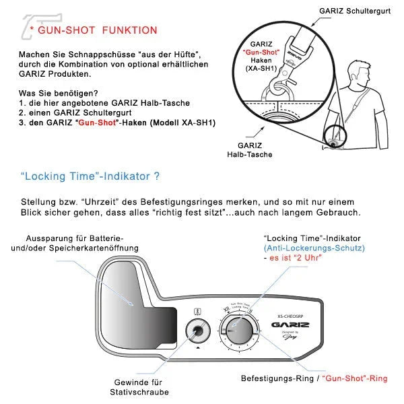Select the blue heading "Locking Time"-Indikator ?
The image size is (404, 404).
point(90,176)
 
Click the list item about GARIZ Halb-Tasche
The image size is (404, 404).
point(104,102)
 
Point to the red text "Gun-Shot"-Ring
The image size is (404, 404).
point(354,378)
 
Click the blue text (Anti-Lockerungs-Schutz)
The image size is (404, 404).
point(314,248)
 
